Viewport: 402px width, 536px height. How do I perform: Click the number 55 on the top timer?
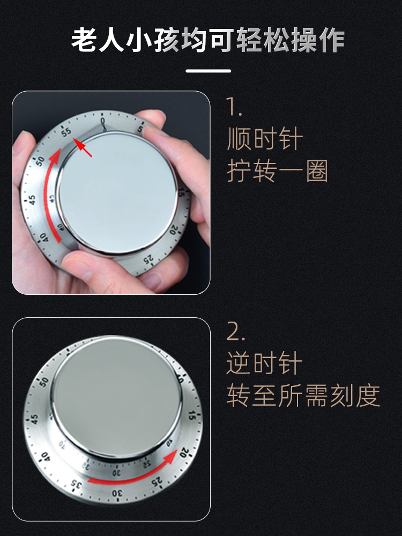[x=66, y=132]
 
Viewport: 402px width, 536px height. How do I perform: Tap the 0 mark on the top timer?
[x=102, y=121]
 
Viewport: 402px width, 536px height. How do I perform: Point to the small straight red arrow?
[x=83, y=148]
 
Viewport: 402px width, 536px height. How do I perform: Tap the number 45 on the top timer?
[x=32, y=199]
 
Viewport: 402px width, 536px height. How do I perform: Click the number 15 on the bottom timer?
[x=192, y=416]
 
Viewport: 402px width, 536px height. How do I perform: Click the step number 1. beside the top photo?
[x=234, y=107]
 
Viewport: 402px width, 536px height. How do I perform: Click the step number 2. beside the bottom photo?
[x=235, y=331]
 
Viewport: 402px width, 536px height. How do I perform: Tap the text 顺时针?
[x=265, y=139]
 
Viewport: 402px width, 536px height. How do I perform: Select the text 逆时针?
[x=264, y=363]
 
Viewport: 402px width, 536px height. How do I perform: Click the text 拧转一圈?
[x=277, y=170]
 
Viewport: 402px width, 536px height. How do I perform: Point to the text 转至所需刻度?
[x=303, y=395]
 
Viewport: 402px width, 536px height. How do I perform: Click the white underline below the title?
[x=208, y=71]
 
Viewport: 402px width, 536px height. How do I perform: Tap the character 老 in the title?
[x=84, y=41]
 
